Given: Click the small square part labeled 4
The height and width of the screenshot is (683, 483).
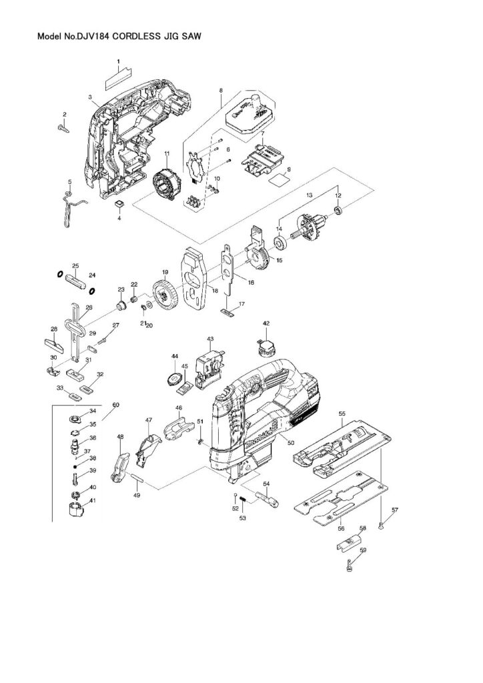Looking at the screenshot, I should (119, 203).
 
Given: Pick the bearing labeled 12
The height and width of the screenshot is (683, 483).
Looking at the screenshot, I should (338, 211).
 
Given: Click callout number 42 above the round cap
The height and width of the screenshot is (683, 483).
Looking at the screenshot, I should (266, 323).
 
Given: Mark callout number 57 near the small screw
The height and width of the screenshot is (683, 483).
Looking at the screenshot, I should (394, 510).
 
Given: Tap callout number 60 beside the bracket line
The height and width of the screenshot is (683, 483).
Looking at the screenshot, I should (115, 405).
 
